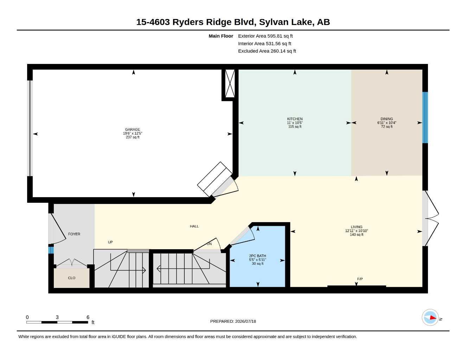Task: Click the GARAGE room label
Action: pyautogui.click(x=133, y=129)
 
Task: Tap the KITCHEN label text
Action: pyautogui.click(x=295, y=119)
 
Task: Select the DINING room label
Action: pyautogui.click(x=387, y=119)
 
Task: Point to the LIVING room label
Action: pyautogui.click(x=356, y=227)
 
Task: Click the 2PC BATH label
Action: pyautogui.click(x=257, y=256)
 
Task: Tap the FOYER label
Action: pyautogui.click(x=74, y=234)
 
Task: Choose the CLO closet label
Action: pyautogui.click(x=72, y=278)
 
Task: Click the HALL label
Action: pyautogui.click(x=194, y=226)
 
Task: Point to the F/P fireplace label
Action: pyautogui.click(x=360, y=279)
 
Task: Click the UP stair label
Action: pyautogui.click(x=110, y=242)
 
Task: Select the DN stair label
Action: pyautogui.click(x=209, y=244)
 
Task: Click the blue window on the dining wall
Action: pyautogui.click(x=425, y=117)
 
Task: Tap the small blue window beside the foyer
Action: pyautogui.click(x=51, y=250)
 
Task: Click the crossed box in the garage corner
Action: pyautogui.click(x=230, y=83)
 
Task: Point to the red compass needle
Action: pyautogui.click(x=433, y=317)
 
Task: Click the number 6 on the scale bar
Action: pyautogui.click(x=88, y=317)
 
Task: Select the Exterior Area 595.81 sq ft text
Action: pyautogui.click(x=265, y=36)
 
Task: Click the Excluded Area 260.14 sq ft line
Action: pyautogui.click(x=267, y=51)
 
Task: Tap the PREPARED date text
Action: pyautogui.click(x=233, y=321)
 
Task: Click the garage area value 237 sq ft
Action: pyautogui.click(x=133, y=137)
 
